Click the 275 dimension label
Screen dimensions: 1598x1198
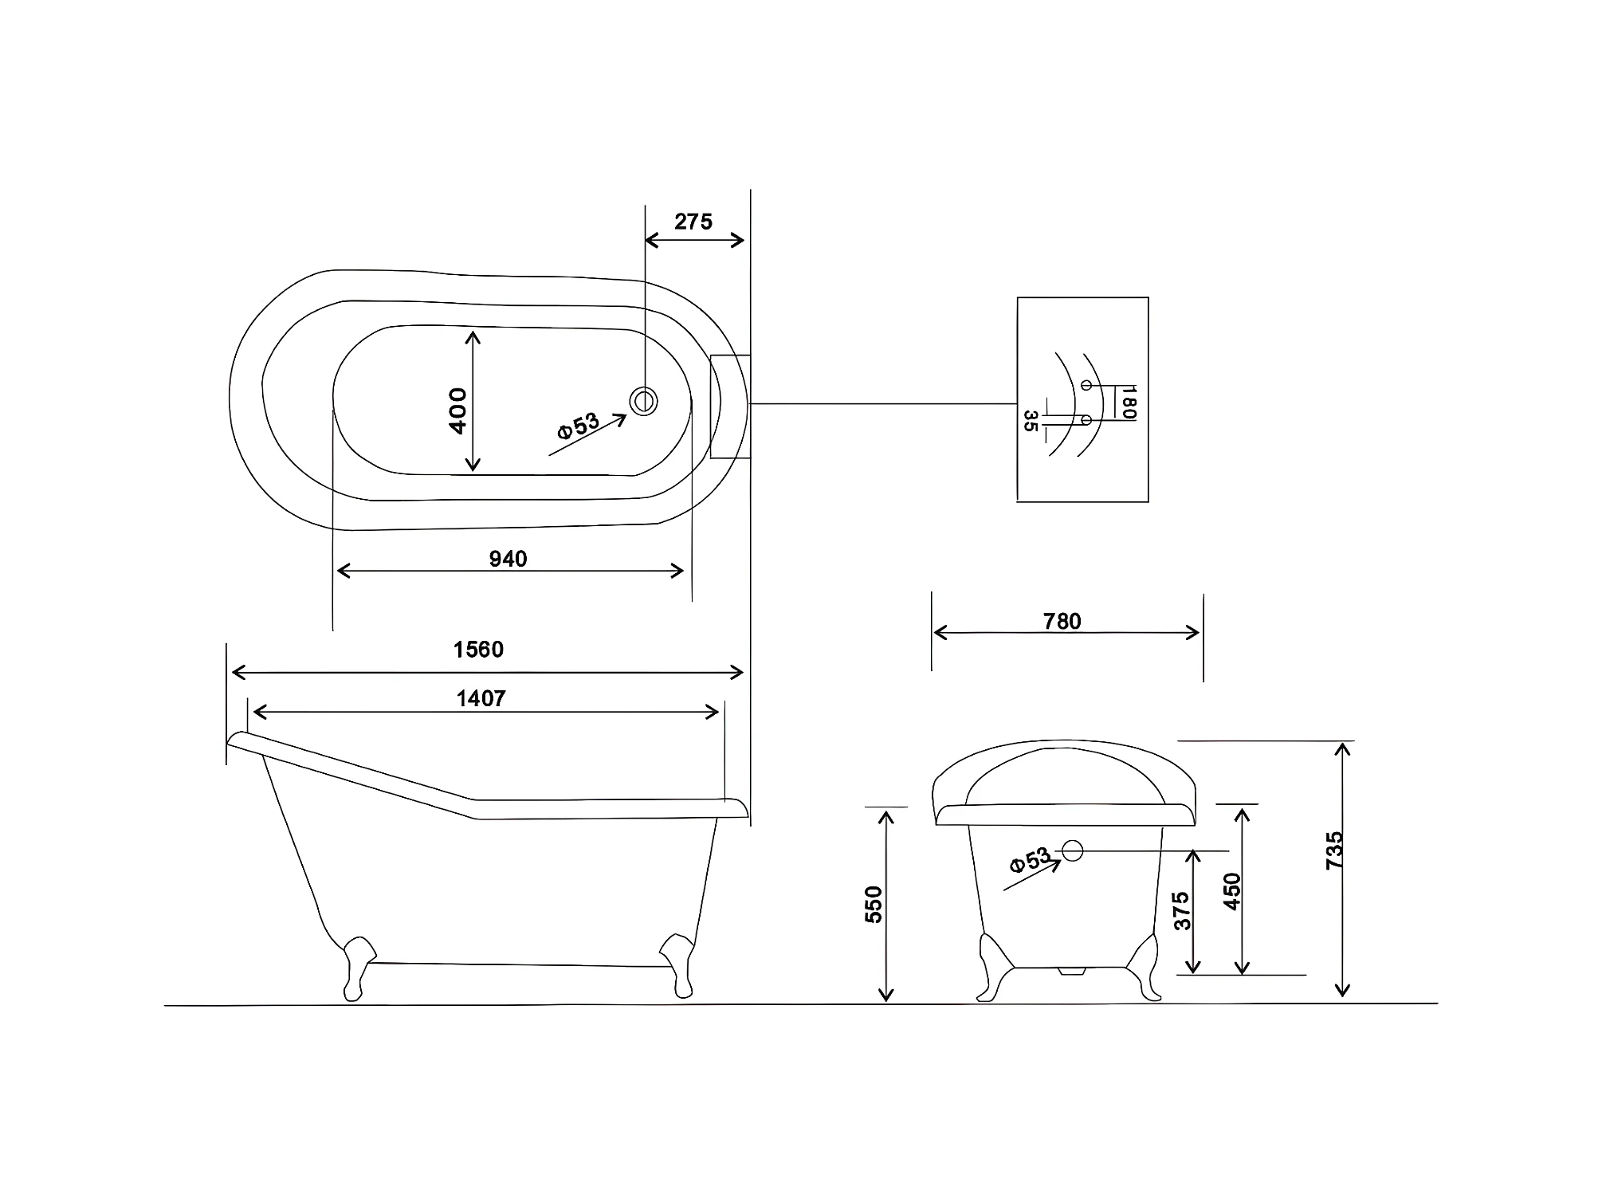coord(693,222)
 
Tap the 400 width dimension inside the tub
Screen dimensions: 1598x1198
coord(457,410)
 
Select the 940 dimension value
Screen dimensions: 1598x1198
coord(508,559)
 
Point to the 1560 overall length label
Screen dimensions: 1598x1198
coord(478,650)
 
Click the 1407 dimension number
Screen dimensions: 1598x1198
coord(481,698)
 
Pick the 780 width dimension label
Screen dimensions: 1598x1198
coord(1062,621)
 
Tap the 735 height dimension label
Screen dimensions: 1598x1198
coord(1334,850)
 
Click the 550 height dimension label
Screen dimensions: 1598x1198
coord(874,905)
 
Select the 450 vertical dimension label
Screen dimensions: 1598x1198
coord(1231,892)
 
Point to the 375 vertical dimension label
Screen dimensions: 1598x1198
coord(1182,911)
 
